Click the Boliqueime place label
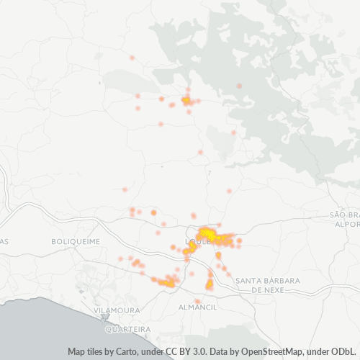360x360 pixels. (76, 242)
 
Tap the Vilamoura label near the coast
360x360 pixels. (117, 310)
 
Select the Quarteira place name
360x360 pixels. (127, 329)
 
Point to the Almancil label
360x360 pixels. (197, 307)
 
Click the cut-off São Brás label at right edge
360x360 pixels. (344, 215)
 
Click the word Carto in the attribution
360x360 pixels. (125, 352)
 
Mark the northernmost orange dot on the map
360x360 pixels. (132, 58)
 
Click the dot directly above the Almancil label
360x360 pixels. (197, 301)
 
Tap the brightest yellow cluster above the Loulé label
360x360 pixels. (207, 233)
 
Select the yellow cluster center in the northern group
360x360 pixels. (186, 101)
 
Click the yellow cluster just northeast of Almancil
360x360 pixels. (210, 284)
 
